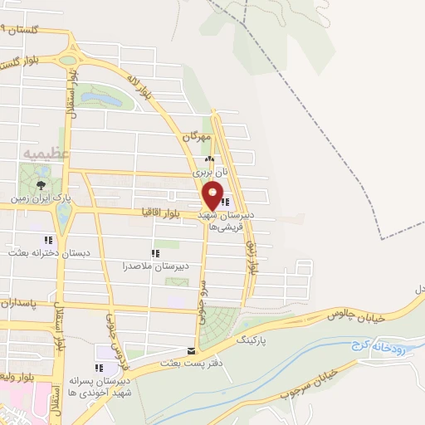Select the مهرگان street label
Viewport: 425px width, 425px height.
(x=202, y=137)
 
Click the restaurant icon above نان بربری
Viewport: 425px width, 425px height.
(x=209, y=160)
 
